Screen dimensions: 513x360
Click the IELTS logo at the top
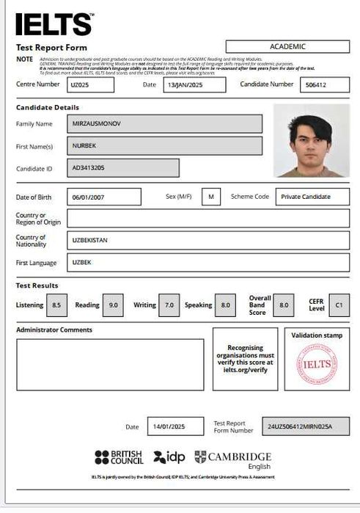tap(54, 24)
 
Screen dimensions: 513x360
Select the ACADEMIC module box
tap(287, 46)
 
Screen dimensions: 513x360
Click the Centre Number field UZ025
tap(90, 84)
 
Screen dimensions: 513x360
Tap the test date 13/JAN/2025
tap(183, 84)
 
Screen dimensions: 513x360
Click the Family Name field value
tap(164, 124)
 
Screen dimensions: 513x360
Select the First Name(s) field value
tap(164, 146)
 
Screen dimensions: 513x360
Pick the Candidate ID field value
tap(122, 168)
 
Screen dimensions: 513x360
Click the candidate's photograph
tap(311, 140)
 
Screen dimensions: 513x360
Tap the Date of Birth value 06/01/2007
tap(103, 197)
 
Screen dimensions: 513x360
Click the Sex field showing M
tap(210, 197)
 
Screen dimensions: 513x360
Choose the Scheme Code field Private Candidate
tap(312, 197)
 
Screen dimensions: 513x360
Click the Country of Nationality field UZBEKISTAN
tap(207, 240)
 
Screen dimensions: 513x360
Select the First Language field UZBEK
tap(207, 262)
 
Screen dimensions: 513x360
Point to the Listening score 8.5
tap(56, 305)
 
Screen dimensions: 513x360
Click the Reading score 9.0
tap(112, 305)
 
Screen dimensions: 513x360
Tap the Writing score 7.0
tap(169, 305)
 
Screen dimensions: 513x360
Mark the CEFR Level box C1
tap(338, 305)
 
